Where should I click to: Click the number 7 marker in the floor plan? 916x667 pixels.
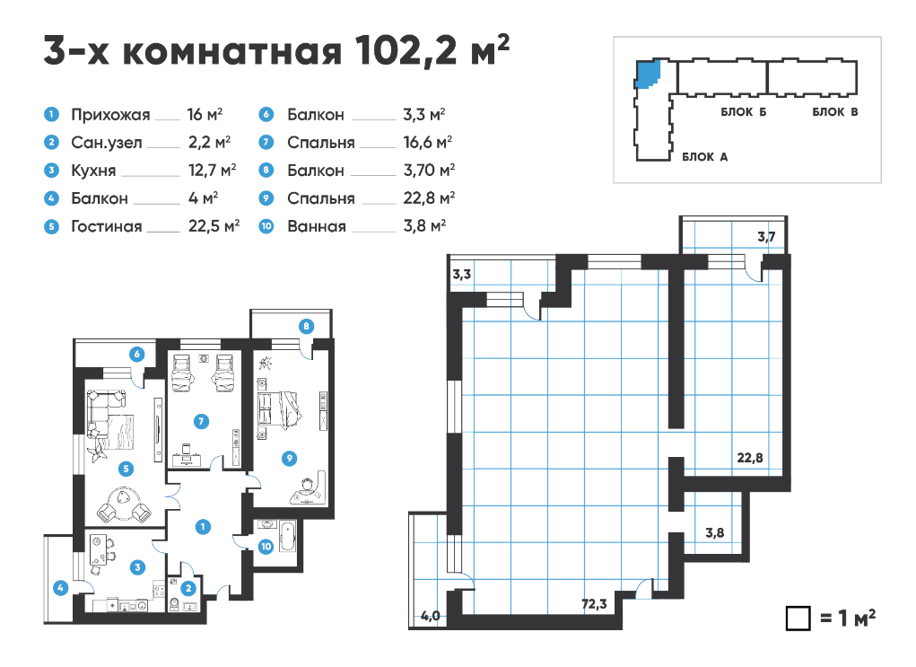click(x=201, y=421)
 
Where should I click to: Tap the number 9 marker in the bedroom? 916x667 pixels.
click(x=289, y=459)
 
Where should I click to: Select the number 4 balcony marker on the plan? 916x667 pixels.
click(x=60, y=588)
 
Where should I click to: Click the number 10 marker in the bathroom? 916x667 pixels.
click(x=266, y=547)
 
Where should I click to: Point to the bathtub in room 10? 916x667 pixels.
click(x=288, y=536)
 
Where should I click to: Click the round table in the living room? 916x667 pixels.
click(x=124, y=504)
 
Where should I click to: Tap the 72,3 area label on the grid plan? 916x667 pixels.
click(x=594, y=604)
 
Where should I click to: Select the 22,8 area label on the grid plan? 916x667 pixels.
click(x=749, y=458)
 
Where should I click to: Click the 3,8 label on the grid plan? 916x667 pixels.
click(x=714, y=532)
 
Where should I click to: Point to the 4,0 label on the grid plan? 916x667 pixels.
click(x=431, y=616)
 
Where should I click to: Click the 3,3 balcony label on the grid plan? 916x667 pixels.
click(x=461, y=274)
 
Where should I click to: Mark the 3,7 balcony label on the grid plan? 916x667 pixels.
click(x=766, y=237)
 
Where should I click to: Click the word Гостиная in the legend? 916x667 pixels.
click(x=107, y=226)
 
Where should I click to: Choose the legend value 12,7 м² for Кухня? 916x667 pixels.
click(x=212, y=170)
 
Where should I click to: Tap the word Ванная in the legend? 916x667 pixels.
click(x=317, y=226)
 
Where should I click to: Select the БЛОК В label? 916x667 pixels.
click(x=834, y=111)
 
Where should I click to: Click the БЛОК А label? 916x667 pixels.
click(x=704, y=157)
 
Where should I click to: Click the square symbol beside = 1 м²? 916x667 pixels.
click(x=798, y=618)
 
